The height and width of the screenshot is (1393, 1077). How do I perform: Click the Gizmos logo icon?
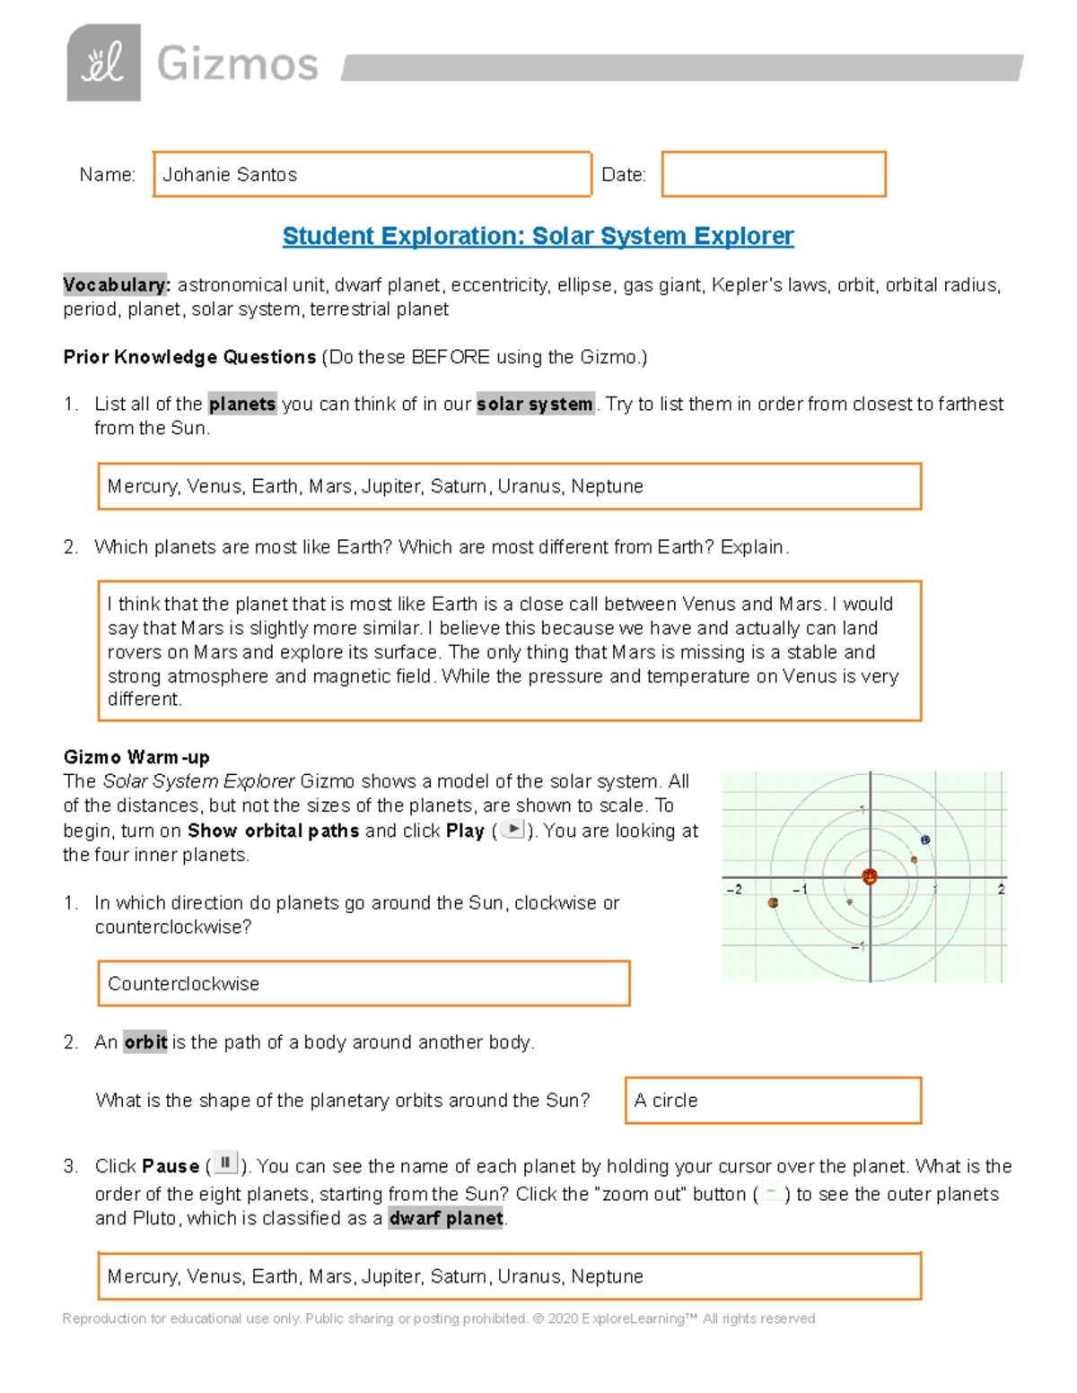[103, 63]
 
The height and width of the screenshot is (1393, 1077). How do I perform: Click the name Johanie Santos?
[230, 175]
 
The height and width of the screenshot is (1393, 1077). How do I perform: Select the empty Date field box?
[774, 174]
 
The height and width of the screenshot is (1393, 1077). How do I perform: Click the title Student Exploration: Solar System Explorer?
[538, 236]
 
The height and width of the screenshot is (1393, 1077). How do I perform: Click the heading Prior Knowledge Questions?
[189, 357]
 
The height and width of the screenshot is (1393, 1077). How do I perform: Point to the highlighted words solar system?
[535, 405]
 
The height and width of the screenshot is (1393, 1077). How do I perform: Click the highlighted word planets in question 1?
[242, 405]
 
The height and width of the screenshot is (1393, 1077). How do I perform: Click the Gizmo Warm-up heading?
[136, 757]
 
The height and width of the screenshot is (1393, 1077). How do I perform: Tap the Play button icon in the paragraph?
[512, 829]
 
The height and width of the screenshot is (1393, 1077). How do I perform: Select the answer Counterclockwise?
[184, 984]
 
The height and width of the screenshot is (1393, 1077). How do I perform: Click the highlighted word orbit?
[145, 1042]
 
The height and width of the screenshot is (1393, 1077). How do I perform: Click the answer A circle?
[666, 1101]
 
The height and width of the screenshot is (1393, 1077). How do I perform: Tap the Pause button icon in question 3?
[225, 1163]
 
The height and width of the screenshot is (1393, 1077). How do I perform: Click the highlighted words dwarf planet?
[446, 1219]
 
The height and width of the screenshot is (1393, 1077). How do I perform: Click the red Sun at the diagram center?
[869, 877]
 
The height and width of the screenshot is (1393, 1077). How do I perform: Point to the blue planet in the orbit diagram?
[925, 840]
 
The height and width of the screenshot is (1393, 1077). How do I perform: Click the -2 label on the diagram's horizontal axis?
[734, 890]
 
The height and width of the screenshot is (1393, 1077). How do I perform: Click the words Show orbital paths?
[273, 831]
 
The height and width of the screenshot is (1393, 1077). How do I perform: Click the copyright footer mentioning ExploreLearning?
[438, 1319]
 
